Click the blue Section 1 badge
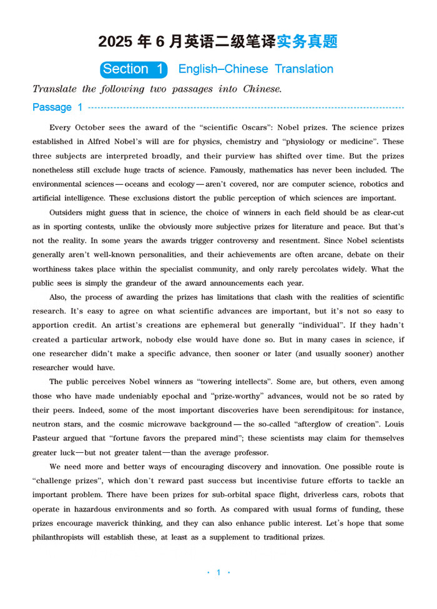[135, 69]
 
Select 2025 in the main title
[115, 42]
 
